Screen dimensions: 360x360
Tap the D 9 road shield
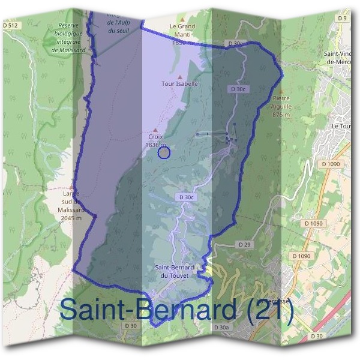[x=343, y=19]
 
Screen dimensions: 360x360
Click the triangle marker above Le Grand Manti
[x=182, y=19]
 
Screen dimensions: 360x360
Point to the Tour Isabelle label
[x=179, y=84]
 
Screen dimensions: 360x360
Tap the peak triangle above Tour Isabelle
[x=180, y=77]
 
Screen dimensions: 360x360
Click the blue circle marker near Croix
[x=164, y=153]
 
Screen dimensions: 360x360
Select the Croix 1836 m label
[x=155, y=140]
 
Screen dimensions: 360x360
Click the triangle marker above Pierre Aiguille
[x=277, y=90]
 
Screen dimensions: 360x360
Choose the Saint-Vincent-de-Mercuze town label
[x=341, y=58]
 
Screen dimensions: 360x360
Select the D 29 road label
[x=244, y=245]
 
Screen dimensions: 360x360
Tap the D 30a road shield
[x=221, y=328]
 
